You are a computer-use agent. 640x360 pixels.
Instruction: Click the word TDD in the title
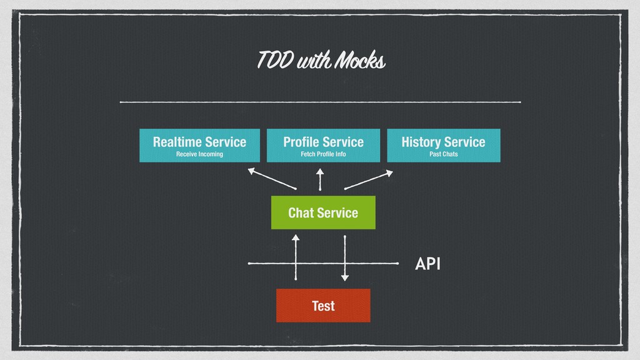point(276,60)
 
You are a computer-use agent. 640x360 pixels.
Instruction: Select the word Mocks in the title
point(360,60)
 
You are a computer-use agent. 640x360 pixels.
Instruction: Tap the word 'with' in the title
point(314,60)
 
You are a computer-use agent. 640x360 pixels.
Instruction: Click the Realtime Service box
point(199,145)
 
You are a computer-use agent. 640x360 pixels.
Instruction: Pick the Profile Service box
point(323,145)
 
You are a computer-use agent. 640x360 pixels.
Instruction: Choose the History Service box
point(444,145)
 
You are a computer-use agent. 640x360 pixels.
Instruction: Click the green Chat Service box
point(323,212)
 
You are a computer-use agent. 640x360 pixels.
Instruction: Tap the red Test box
point(323,305)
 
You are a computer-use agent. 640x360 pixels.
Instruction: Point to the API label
point(427,264)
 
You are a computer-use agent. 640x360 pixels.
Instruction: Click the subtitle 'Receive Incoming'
point(199,154)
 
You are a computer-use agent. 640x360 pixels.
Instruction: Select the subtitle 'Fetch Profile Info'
point(323,154)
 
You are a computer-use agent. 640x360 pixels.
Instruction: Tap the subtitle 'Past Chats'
point(444,154)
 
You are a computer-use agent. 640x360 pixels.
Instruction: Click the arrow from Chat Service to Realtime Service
point(272,179)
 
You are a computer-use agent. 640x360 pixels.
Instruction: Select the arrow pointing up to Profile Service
point(320,179)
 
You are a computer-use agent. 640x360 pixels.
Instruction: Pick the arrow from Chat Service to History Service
point(369,180)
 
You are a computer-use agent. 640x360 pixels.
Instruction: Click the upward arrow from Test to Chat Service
point(296,257)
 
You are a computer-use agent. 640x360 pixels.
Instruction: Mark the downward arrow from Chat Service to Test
point(345,258)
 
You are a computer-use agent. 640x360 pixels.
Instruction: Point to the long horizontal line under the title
point(321,102)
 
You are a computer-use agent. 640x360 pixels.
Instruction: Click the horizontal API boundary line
point(323,263)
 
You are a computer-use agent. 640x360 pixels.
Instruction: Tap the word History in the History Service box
point(421,142)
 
